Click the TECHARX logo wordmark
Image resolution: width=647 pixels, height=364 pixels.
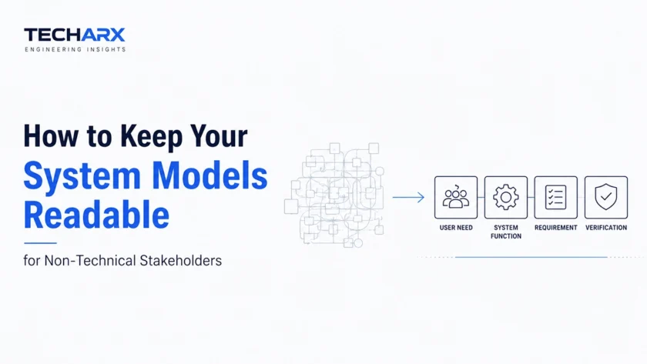click(x=74, y=35)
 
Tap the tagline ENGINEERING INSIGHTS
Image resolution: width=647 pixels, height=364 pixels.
click(x=75, y=49)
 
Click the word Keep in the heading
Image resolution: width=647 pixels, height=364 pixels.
click(x=151, y=137)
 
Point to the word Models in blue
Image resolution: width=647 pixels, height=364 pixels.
click(x=210, y=175)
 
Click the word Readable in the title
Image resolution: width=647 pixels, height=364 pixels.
click(x=96, y=215)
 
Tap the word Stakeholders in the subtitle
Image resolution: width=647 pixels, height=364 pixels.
click(x=181, y=261)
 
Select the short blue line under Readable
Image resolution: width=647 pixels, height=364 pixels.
click(x=40, y=243)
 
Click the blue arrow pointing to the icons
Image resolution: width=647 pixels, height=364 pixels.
click(x=408, y=198)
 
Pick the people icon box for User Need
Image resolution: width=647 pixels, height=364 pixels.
click(x=456, y=198)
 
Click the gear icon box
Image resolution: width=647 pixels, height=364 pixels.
click(x=506, y=198)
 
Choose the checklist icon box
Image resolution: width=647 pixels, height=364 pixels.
click(x=556, y=198)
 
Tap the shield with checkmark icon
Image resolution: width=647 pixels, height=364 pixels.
click(x=606, y=197)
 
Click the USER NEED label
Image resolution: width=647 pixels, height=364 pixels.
click(x=456, y=228)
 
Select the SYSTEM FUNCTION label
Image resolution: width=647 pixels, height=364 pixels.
click(x=506, y=232)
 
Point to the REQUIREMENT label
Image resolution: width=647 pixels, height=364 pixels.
click(x=556, y=228)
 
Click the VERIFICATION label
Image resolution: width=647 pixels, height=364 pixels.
click(x=606, y=228)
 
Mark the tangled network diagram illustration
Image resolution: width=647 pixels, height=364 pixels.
click(x=334, y=195)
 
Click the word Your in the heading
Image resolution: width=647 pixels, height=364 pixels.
click(x=219, y=137)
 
